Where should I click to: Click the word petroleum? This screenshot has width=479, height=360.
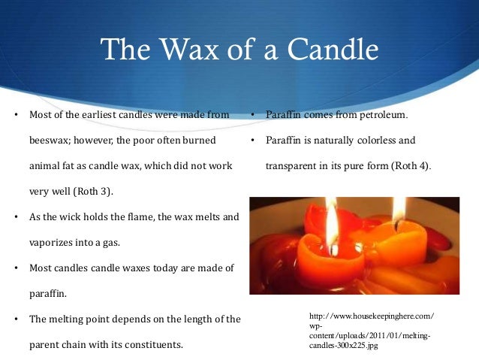coord(380,115)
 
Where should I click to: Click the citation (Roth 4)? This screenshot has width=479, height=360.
coord(408,165)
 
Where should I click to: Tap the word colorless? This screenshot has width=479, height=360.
coord(375,141)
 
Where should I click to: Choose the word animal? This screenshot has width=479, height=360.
coord(46,166)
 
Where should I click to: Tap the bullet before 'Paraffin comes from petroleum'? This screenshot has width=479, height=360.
coord(254,115)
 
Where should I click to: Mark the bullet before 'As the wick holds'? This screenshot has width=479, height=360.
coord(17,217)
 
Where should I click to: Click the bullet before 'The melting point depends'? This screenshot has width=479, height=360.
coord(17,319)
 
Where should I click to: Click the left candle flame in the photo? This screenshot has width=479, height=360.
coord(331,218)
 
